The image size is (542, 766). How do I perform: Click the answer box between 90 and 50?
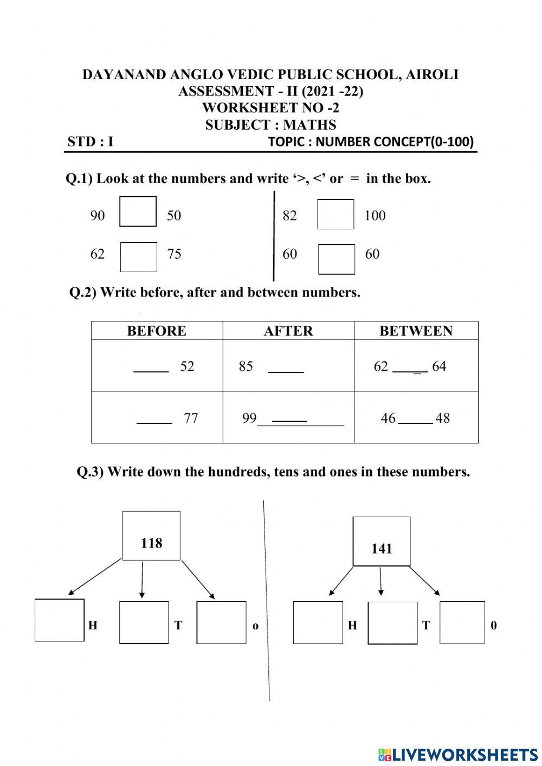[x=138, y=211]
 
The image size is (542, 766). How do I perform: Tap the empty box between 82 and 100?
[x=335, y=214]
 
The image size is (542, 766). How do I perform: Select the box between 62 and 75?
[x=138, y=256]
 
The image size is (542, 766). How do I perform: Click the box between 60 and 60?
[x=336, y=259]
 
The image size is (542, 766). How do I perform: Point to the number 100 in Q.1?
[x=375, y=216]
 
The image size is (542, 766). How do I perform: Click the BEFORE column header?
[x=157, y=331]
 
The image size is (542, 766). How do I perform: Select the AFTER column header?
[x=288, y=331]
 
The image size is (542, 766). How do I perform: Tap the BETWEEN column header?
[x=416, y=331]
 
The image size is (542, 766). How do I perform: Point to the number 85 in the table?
[x=246, y=366]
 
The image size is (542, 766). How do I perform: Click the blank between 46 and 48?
[x=415, y=421]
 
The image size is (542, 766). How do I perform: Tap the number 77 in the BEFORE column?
[x=191, y=419]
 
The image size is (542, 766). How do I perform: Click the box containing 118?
[x=151, y=536]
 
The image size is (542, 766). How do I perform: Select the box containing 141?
[x=382, y=541]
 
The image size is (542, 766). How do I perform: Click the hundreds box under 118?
[x=60, y=620]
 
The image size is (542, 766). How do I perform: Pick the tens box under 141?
[x=392, y=622]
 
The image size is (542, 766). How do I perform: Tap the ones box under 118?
[x=221, y=622]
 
